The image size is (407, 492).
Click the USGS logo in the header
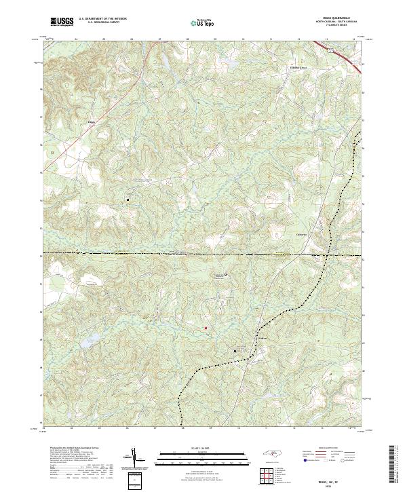click(x=62, y=22)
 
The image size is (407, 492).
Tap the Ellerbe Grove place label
click(x=294, y=67)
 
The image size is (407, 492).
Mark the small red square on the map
click(x=206, y=329)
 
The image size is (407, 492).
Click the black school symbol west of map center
click(x=127, y=200)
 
